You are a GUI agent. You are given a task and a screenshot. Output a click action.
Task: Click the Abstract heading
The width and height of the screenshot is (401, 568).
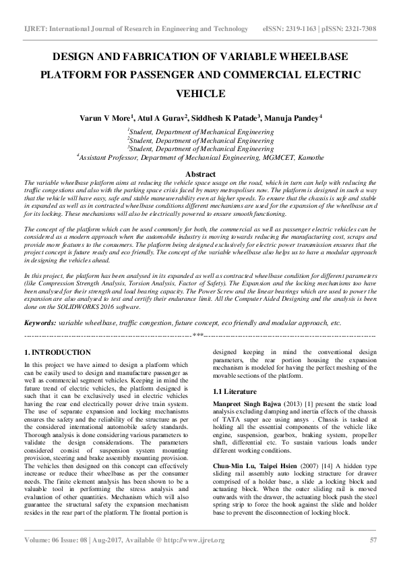(x=200, y=174)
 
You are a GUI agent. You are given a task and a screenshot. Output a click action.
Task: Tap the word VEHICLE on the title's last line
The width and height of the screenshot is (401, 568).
(x=200, y=93)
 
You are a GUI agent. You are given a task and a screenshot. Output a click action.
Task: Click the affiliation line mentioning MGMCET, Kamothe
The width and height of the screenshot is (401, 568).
(x=200, y=157)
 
